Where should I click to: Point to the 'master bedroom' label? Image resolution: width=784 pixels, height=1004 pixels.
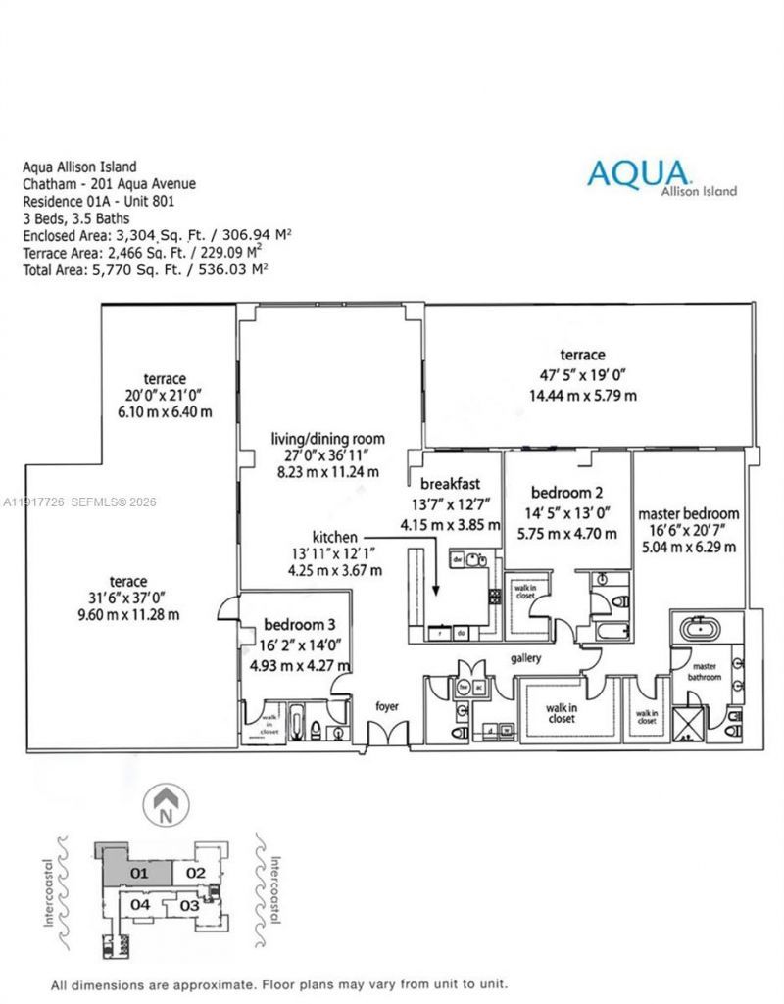click(688, 513)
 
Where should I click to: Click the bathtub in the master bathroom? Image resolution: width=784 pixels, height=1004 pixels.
click(701, 628)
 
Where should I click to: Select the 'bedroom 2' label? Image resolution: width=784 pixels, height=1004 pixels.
click(566, 492)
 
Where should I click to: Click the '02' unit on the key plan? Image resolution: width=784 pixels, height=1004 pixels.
click(195, 872)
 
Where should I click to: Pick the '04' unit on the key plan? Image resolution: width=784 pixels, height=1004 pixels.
click(140, 904)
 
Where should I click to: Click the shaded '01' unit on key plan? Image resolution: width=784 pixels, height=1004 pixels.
click(140, 871)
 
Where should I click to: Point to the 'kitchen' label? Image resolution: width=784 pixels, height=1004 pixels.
click(335, 538)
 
